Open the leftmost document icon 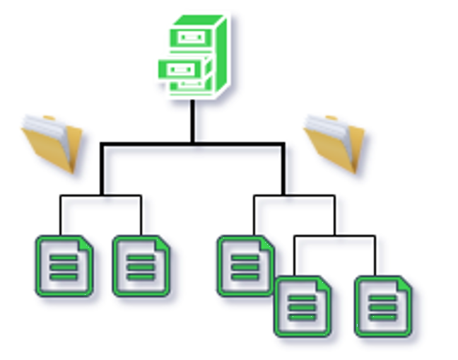click(64, 266)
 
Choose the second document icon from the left click(141, 266)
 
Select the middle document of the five click(245, 266)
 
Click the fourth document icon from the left click(303, 306)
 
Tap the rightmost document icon click(382, 306)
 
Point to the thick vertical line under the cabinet click(192, 122)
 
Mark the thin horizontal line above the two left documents click(100, 196)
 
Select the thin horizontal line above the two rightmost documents click(334, 236)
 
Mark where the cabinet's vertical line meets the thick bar click(192, 144)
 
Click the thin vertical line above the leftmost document click(61, 215)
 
